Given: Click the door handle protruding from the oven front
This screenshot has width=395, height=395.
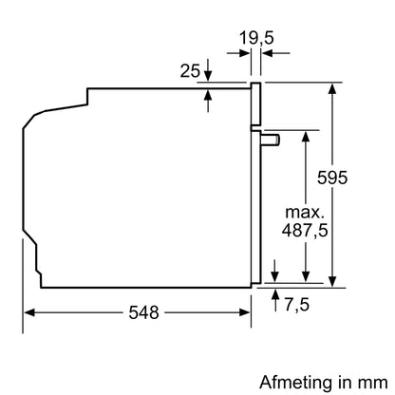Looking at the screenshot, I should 272,139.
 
